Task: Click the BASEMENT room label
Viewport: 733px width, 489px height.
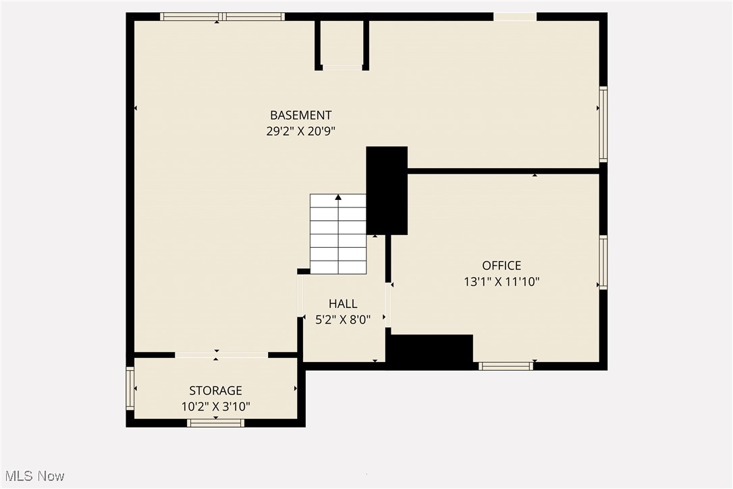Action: pos(300,115)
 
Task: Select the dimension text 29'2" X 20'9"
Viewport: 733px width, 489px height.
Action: pos(300,132)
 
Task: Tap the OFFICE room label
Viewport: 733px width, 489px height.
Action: pos(501,265)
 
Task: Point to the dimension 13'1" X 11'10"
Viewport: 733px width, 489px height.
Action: pos(501,282)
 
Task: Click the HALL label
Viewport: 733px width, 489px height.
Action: pos(343,304)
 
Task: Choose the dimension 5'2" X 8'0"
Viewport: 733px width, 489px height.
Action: pos(343,320)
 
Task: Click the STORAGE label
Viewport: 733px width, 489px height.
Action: pos(215,390)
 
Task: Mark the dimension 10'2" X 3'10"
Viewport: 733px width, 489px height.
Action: pos(215,407)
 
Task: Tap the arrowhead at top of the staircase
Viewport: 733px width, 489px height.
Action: pos(338,197)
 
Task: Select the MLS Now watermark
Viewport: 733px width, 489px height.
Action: pos(32,476)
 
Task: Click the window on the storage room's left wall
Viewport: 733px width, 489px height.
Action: pos(130,388)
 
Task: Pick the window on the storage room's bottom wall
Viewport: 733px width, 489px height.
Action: pos(215,423)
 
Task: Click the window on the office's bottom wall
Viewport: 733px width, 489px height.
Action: pos(506,366)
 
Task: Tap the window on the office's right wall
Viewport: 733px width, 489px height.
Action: pos(603,262)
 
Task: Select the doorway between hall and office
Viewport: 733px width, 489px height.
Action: pos(389,305)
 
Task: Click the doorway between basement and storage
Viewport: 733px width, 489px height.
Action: pos(221,355)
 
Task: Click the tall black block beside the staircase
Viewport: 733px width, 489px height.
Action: pos(387,190)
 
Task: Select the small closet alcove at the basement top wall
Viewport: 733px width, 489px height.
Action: pos(342,44)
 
